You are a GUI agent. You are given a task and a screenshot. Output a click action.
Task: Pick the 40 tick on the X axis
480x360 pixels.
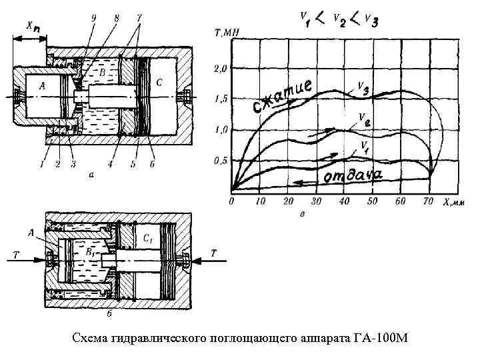pos(345,201)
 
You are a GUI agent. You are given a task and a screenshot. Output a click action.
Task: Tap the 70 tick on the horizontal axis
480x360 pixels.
pos(429,201)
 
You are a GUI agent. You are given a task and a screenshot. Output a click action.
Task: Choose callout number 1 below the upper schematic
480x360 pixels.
pos(41,163)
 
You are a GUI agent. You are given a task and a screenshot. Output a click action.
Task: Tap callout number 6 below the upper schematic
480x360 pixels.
pos(153,163)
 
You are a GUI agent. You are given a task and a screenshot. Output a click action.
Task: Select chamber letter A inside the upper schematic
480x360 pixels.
pos(43,85)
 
